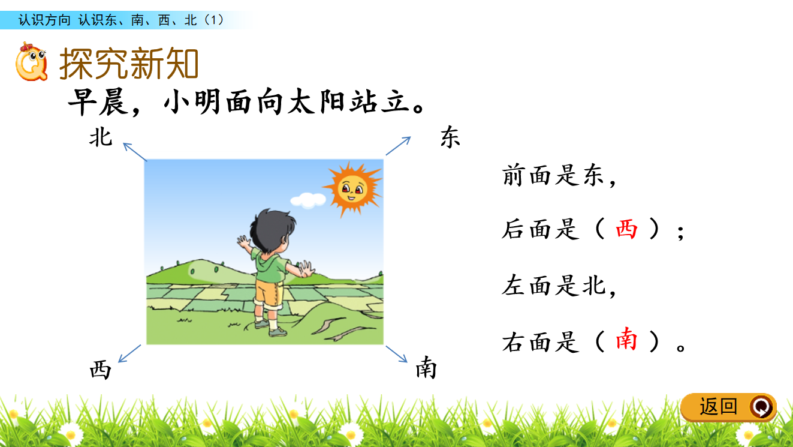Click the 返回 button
point(729,407)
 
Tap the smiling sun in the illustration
point(353,189)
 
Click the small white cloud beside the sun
point(308,200)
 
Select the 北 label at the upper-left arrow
point(101,137)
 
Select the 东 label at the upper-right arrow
point(450,137)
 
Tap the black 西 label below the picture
point(101,370)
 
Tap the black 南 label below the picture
point(426,368)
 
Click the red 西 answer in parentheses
point(626,229)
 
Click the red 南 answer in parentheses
point(626,339)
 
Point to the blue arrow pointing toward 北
point(134,152)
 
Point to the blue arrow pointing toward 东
point(398,146)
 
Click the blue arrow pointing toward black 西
point(129,354)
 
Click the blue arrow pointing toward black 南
point(397,354)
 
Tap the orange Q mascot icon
point(31,62)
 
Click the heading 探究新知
point(129,64)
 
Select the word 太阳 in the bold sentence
point(317,102)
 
